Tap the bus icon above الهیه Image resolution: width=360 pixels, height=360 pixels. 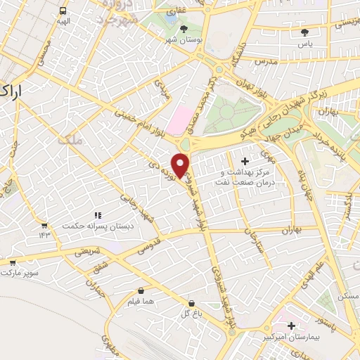63,11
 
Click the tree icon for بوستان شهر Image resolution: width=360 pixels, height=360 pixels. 184,29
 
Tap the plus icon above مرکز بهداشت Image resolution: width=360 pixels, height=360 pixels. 245,162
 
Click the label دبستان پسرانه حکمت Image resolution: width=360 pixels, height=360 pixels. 98,226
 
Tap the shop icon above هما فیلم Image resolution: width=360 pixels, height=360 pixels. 141,290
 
